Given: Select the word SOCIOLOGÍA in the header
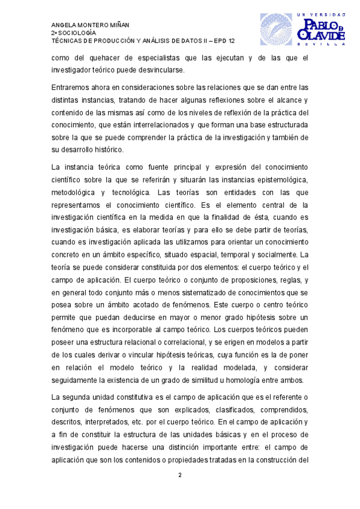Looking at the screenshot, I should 76,32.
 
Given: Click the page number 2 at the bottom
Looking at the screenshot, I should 179,475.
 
